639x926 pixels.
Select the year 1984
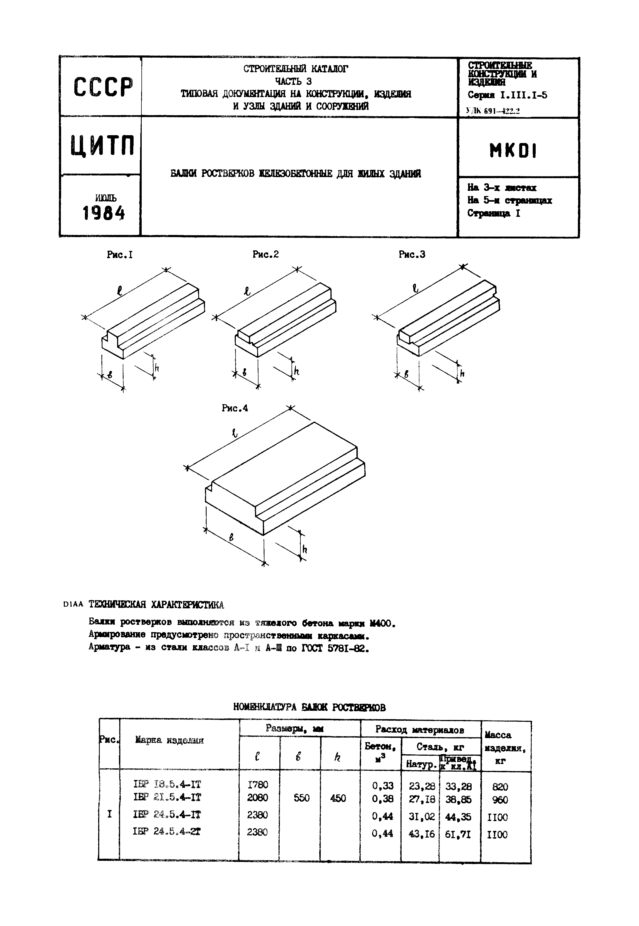[x=104, y=213]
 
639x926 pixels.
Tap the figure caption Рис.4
[x=235, y=408]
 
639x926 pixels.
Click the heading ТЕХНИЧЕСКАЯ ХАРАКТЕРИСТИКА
[x=156, y=604]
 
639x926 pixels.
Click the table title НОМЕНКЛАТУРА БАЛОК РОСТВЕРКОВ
[x=309, y=708]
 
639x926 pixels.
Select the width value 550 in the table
[x=302, y=798]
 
